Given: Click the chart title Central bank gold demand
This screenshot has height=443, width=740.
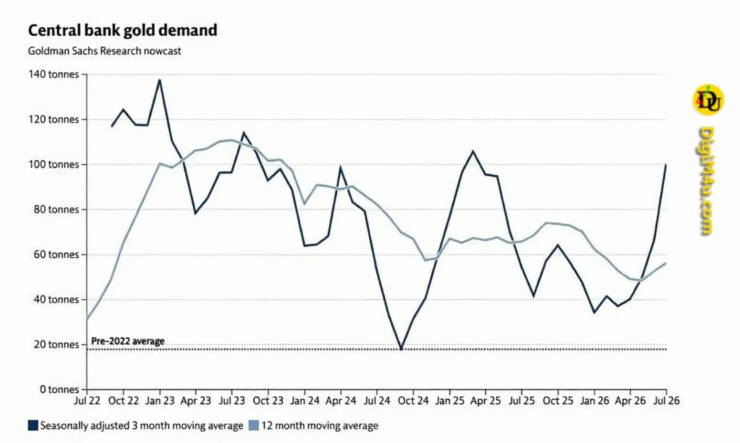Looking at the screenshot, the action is [x=123, y=31].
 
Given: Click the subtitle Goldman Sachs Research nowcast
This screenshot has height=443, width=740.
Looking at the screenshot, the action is [x=104, y=51].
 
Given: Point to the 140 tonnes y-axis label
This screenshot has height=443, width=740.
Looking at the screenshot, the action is [x=54, y=74].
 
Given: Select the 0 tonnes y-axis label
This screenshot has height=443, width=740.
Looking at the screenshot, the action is [x=60, y=389].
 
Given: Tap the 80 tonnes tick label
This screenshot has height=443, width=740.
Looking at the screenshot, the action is [x=56, y=209].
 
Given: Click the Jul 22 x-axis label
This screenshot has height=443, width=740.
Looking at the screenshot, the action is [x=87, y=401].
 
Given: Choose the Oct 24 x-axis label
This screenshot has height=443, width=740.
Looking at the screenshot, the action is [x=413, y=401].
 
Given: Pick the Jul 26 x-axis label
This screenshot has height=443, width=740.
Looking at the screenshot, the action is [x=667, y=401].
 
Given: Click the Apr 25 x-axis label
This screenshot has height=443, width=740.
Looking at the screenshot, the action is [x=485, y=401].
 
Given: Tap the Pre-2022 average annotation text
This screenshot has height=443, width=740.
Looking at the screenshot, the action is [x=128, y=341].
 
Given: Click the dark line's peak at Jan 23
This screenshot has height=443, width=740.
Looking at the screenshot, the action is [x=159, y=80].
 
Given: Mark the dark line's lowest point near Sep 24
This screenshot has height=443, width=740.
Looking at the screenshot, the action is [x=401, y=349].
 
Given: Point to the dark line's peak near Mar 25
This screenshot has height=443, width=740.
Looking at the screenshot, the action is [x=473, y=151].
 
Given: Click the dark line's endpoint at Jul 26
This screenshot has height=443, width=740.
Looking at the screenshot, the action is [x=666, y=165].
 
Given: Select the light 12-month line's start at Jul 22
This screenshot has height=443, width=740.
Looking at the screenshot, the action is [x=87, y=319].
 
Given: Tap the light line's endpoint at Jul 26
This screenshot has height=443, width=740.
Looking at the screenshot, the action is [x=666, y=263].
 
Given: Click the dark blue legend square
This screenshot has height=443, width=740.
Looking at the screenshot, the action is [x=33, y=425].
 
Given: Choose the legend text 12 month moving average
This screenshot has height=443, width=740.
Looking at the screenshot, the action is [x=320, y=425].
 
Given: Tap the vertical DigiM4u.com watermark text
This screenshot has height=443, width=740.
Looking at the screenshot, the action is [x=706, y=181].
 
